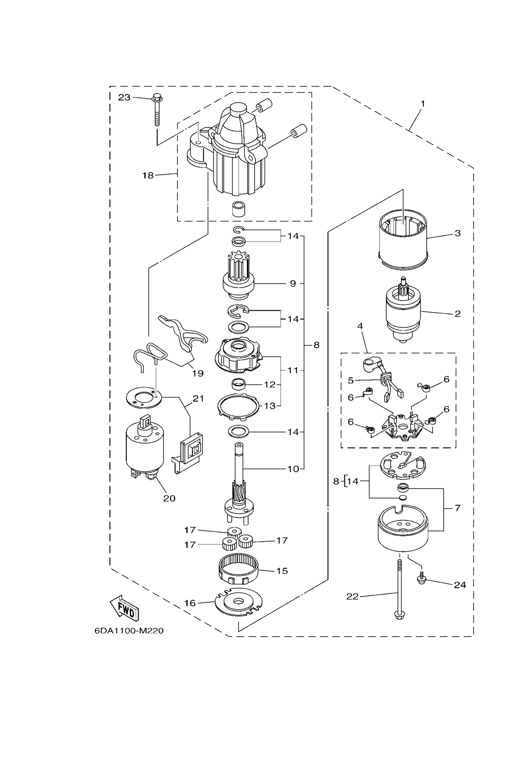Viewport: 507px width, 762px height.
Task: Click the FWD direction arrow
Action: (125, 608)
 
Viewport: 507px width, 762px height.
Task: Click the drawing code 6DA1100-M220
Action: (129, 631)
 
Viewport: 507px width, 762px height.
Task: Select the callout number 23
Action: (124, 97)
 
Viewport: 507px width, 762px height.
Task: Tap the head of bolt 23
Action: (157, 97)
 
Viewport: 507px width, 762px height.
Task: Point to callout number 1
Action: (422, 104)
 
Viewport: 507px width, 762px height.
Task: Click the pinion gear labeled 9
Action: (238, 279)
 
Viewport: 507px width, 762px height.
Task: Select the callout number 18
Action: (148, 175)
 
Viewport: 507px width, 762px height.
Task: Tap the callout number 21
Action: (198, 399)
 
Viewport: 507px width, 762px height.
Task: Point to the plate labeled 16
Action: (239, 602)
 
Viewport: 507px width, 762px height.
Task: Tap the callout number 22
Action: (352, 597)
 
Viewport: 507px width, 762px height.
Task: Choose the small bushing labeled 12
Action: (239, 385)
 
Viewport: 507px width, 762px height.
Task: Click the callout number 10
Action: (293, 469)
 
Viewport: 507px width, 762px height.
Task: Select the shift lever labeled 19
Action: (183, 334)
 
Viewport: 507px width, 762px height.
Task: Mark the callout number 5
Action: (351, 381)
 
